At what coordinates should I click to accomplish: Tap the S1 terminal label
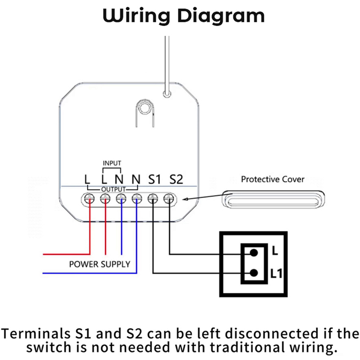pyautogui.click(x=154, y=179)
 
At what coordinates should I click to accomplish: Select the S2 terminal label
pyautogui.click(x=176, y=179)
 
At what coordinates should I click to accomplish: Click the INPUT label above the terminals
pyautogui.click(x=112, y=163)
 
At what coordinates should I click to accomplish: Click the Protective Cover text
pyautogui.click(x=273, y=179)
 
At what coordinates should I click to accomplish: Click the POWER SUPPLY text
pyautogui.click(x=100, y=264)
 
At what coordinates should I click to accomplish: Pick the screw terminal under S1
pyautogui.click(x=153, y=198)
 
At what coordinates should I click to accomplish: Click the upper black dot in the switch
pyautogui.click(x=254, y=252)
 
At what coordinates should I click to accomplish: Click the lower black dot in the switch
pyautogui.click(x=254, y=273)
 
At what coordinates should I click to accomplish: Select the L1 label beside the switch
pyautogui.click(x=276, y=274)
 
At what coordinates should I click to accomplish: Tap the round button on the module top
pyautogui.click(x=145, y=108)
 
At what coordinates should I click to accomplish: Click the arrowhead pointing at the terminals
pyautogui.click(x=185, y=199)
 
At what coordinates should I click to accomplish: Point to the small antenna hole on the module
pyautogui.click(x=166, y=94)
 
